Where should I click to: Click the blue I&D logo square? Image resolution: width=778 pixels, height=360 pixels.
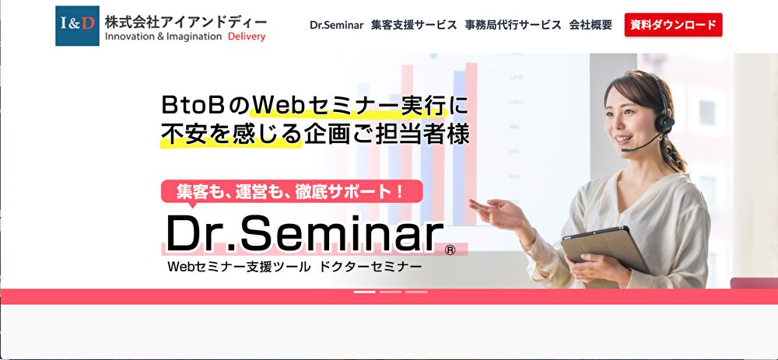(77, 26)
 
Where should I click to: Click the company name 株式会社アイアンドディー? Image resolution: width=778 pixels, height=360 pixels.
(186, 22)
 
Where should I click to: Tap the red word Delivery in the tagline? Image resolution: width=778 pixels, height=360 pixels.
(247, 37)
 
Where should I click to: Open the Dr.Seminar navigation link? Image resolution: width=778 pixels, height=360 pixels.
(336, 25)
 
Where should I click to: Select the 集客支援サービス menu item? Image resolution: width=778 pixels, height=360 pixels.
(414, 25)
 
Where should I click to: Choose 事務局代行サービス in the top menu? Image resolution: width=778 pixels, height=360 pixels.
(513, 25)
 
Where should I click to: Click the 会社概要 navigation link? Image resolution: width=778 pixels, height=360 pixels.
(591, 25)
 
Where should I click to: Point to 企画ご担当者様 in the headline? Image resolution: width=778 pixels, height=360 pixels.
(387, 134)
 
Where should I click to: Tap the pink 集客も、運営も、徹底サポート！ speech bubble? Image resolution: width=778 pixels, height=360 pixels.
(292, 191)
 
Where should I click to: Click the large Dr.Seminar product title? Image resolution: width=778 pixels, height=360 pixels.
(305, 233)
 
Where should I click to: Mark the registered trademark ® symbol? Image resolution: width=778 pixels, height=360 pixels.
(450, 250)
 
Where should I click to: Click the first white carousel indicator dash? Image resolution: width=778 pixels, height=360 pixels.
(365, 292)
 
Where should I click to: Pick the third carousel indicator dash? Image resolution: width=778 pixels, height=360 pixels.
(416, 292)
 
